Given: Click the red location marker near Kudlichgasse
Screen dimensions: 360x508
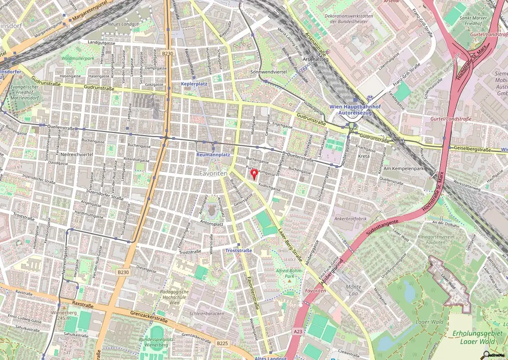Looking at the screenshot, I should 255,174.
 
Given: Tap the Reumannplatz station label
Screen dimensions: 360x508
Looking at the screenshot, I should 213,155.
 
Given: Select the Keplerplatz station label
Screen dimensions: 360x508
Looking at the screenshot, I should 194,84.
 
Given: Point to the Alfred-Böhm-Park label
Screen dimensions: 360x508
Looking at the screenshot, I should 289,274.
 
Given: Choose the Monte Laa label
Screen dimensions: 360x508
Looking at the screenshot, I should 354,290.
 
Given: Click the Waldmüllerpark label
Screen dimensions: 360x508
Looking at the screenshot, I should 77,58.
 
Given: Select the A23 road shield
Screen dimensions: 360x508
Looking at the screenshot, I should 298,331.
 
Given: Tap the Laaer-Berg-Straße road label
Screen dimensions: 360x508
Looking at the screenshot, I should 290,244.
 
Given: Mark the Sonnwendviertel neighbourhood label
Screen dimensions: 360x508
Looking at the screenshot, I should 269,72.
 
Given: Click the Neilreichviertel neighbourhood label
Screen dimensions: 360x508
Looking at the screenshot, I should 77,154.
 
